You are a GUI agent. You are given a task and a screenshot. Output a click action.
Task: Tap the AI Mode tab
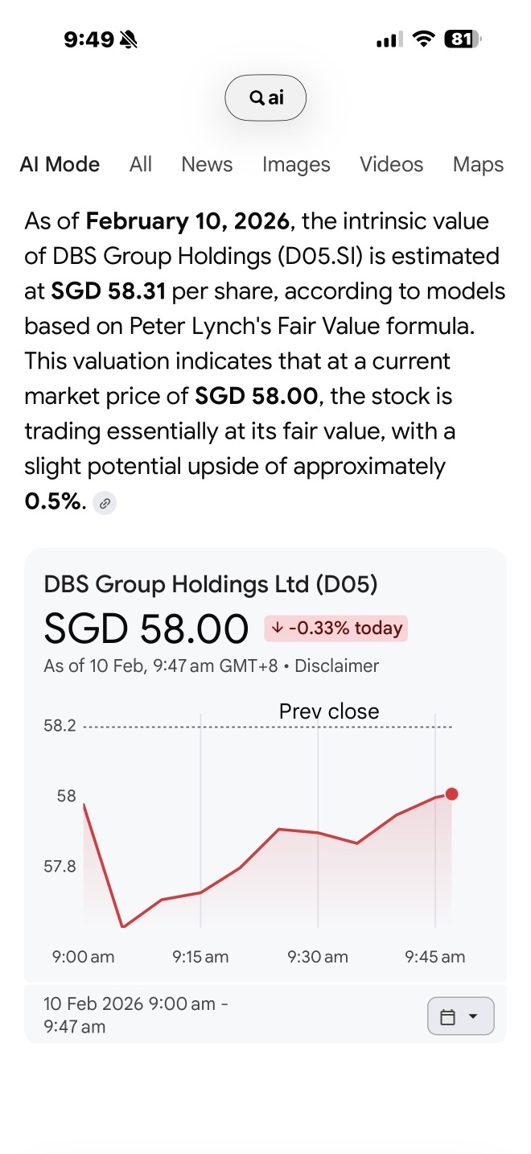[x=60, y=164]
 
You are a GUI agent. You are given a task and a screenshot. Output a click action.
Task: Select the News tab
[x=207, y=164]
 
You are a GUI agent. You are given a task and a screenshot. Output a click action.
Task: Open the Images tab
[x=296, y=165]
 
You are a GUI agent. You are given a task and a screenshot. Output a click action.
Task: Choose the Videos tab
[x=392, y=164]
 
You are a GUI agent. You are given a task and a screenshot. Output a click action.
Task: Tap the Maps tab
[x=478, y=165]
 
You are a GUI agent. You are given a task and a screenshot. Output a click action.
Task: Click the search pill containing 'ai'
[x=265, y=97]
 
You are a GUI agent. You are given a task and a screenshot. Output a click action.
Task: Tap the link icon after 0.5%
[x=105, y=503]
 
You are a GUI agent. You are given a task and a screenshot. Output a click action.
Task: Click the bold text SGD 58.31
[x=108, y=291]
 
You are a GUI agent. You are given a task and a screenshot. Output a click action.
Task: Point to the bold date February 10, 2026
[x=187, y=221]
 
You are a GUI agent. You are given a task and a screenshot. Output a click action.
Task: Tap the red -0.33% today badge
[x=335, y=628]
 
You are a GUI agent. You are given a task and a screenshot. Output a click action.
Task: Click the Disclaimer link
[x=337, y=666]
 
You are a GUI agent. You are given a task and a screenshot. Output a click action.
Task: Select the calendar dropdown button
[x=460, y=1016]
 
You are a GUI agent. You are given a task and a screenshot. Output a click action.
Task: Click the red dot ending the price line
[x=451, y=794]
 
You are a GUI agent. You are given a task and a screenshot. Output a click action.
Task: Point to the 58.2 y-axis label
[x=60, y=726]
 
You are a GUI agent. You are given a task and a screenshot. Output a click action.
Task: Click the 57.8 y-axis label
[x=60, y=867]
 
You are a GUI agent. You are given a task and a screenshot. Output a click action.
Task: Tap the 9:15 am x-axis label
[x=200, y=957]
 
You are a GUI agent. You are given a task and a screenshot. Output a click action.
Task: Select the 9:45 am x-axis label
[x=434, y=957]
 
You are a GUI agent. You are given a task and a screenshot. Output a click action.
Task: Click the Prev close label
[x=329, y=711]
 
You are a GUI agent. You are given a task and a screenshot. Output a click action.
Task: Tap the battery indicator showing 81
[x=463, y=39]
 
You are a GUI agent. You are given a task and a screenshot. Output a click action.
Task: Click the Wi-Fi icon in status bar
[x=423, y=39]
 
